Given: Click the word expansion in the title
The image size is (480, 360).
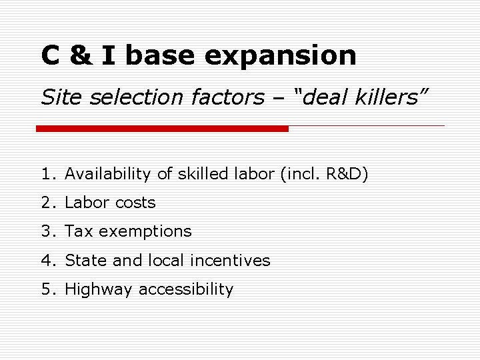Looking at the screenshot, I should [281, 56].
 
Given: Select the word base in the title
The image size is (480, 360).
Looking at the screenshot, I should [161, 55].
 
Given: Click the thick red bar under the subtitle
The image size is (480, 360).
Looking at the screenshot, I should [162, 128].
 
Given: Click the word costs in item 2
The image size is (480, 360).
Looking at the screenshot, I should [135, 203].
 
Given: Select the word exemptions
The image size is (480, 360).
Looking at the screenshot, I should [145, 232].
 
